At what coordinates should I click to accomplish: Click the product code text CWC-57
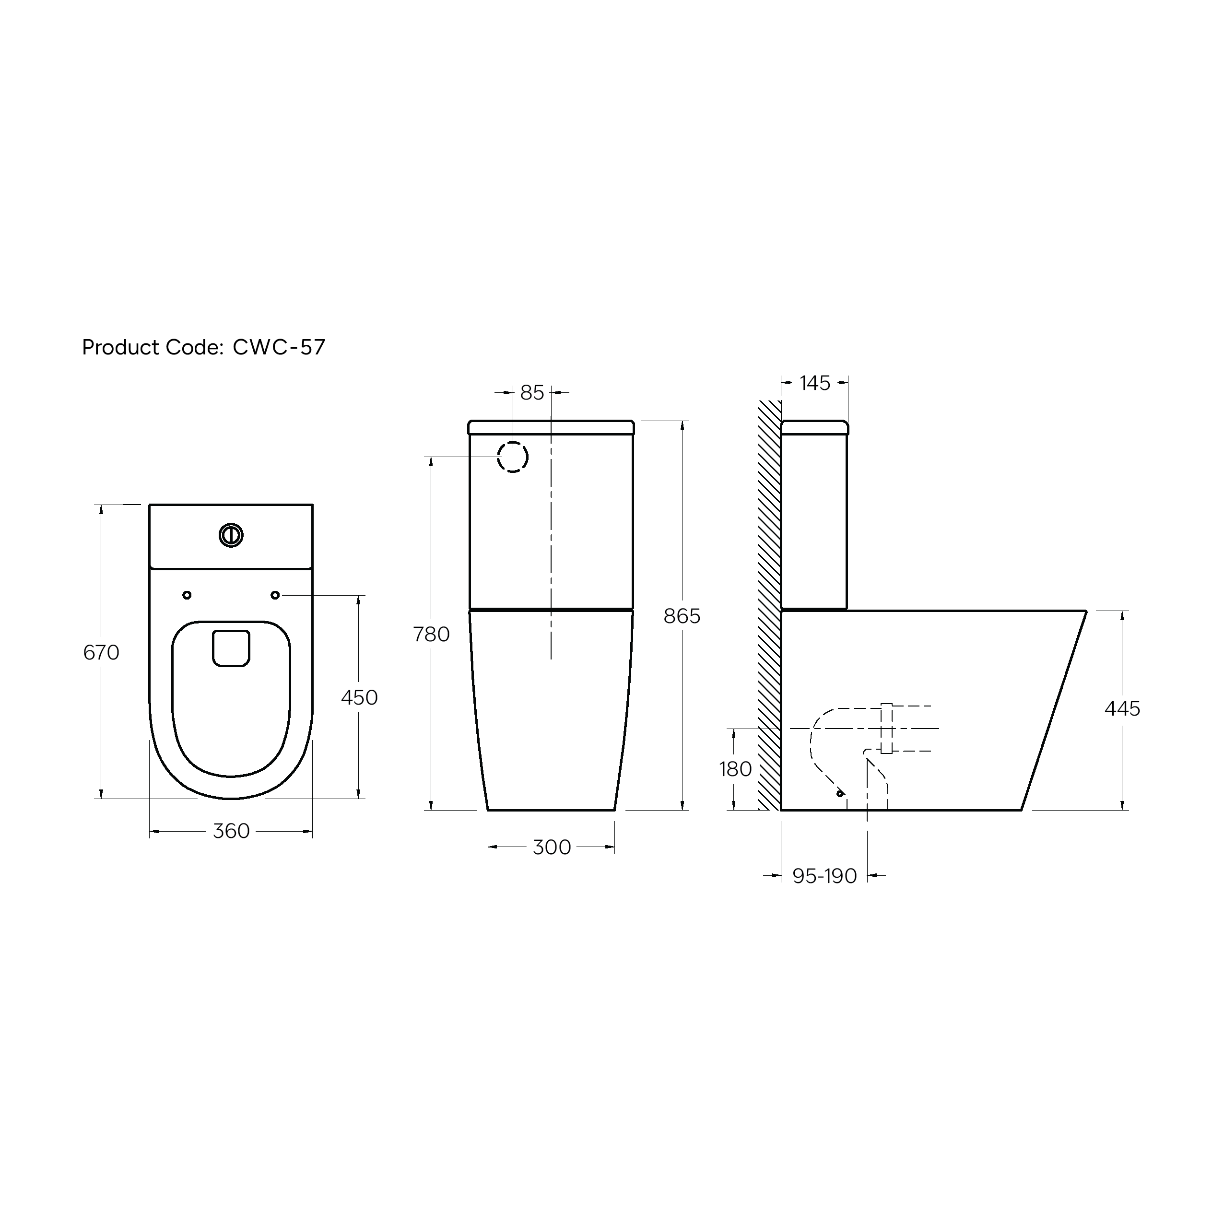click(x=279, y=347)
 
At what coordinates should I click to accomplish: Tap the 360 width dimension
click(x=231, y=831)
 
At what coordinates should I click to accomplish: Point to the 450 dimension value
click(x=359, y=697)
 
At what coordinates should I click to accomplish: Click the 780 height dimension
click(x=432, y=634)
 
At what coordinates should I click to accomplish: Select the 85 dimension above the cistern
click(x=532, y=393)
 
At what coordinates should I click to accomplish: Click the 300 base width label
click(x=552, y=847)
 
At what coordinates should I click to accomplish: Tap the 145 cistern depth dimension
click(x=815, y=383)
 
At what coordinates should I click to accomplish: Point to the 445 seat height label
click(x=1122, y=708)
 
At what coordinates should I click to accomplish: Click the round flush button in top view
click(x=231, y=535)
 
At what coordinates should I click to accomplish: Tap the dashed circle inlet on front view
click(x=513, y=457)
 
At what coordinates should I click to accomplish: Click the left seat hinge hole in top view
click(x=187, y=595)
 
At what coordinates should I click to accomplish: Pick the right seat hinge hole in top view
click(x=275, y=595)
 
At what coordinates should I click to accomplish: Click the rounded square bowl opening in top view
click(x=231, y=648)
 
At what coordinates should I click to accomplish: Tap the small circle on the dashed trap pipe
click(x=840, y=793)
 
